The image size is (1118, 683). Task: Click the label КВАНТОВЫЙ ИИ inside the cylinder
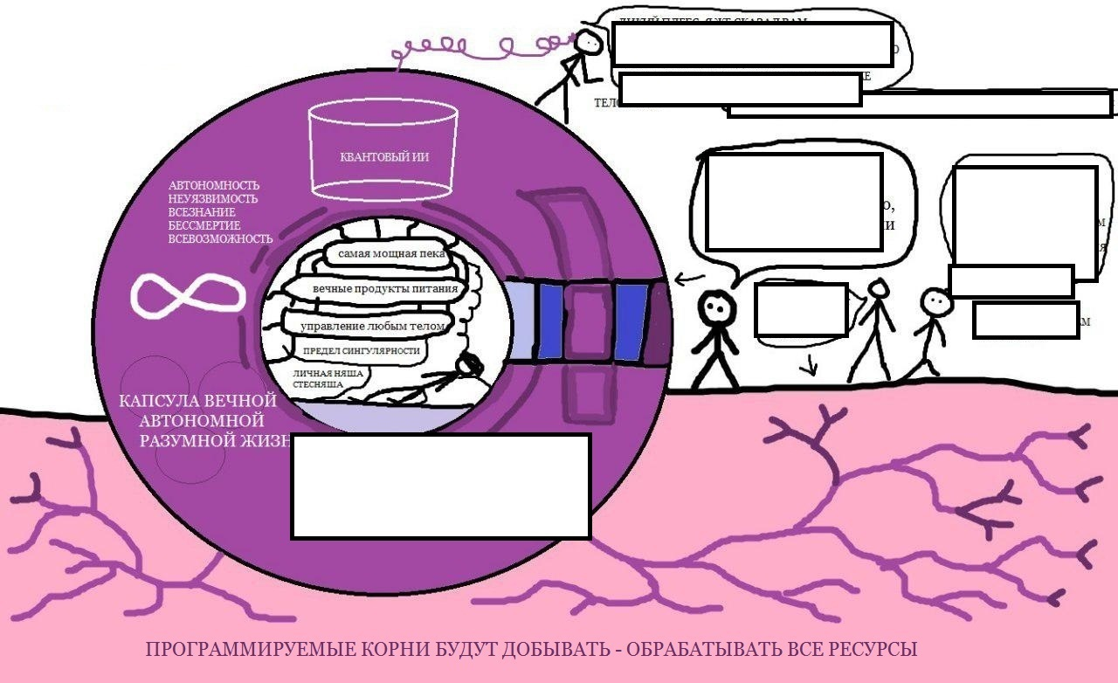pos(383,158)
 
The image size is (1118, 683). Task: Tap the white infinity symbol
pos(186,293)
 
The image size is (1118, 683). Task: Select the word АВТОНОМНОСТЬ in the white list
pos(213,186)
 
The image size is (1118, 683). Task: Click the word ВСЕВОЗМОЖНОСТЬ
pos(220,238)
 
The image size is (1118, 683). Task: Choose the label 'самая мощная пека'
pos(385,255)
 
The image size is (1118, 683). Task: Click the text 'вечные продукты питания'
pos(384,288)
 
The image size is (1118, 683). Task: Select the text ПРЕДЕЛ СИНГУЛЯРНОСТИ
pos(361,351)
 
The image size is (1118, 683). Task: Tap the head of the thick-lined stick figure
pos(715,307)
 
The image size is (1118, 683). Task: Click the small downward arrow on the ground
pos(811,366)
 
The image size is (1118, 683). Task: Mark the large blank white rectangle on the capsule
pos(441,486)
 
